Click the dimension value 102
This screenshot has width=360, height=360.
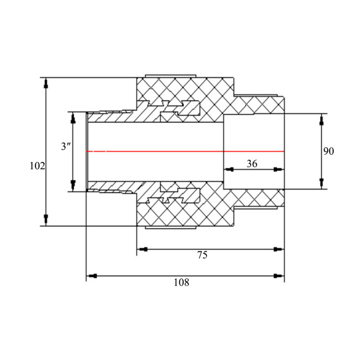pyautogui.click(x=37, y=166)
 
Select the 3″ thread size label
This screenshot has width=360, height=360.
pyautogui.click(x=66, y=146)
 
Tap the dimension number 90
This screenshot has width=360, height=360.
pyautogui.click(x=328, y=151)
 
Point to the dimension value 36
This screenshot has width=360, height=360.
pyautogui.click(x=252, y=164)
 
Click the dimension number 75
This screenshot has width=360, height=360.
pyautogui.click(x=202, y=255)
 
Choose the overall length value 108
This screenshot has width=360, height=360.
pyautogui.click(x=181, y=283)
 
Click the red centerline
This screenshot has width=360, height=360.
pyautogui.click(x=185, y=151)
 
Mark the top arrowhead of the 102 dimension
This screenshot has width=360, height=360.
pyautogui.click(x=46, y=83)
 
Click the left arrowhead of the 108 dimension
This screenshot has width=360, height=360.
pyautogui.click(x=92, y=276)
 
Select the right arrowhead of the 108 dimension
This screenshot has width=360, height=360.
pyautogui.click(x=279, y=276)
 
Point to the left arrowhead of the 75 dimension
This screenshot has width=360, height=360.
pyautogui.click(x=142, y=249)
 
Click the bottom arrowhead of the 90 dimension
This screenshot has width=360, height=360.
pyautogui.click(x=321, y=183)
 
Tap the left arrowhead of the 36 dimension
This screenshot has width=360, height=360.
pyautogui.click(x=229, y=170)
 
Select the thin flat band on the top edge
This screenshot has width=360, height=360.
pyautogui.click(x=171, y=76)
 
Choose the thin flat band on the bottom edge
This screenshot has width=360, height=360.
pyautogui.click(x=171, y=228)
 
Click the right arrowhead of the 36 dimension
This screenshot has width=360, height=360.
pyautogui.click(x=279, y=170)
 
